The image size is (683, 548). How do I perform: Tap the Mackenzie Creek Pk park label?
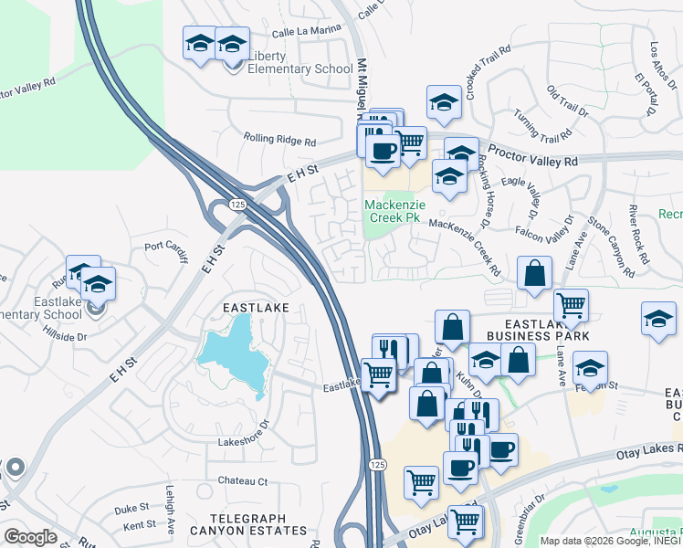(x=392, y=212)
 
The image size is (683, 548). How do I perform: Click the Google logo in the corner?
(x=29, y=537)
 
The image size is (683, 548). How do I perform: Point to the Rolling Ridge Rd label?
(x=278, y=141)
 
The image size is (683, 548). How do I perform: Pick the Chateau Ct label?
(x=242, y=480)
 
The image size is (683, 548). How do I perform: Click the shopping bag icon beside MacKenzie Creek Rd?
(x=534, y=272)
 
